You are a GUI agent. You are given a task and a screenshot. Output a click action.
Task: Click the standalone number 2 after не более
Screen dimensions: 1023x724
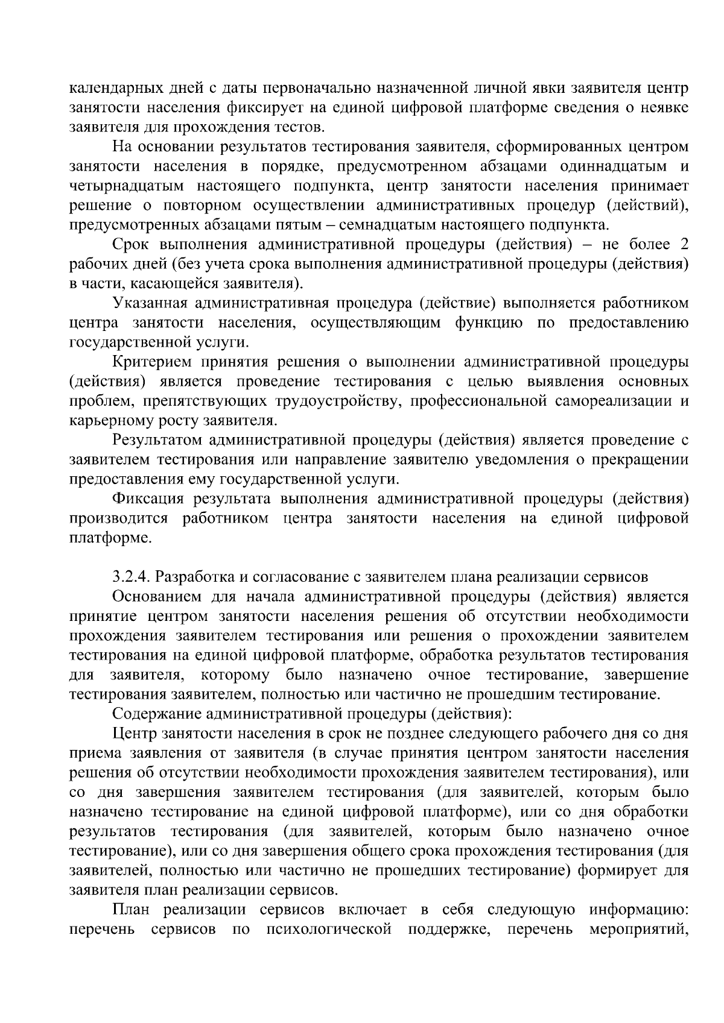pos(684,244)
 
